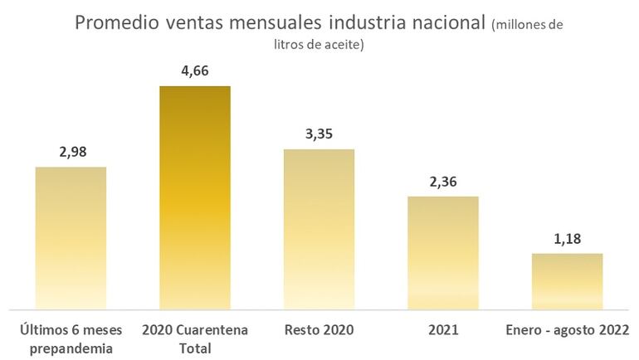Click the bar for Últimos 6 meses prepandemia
tap(71, 237)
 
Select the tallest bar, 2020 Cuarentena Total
tap(195, 197)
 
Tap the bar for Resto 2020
tap(319, 229)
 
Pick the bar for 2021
tap(442, 252)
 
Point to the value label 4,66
tap(195, 71)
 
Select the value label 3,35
tap(319, 134)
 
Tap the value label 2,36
tap(442, 181)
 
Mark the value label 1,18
tap(567, 239)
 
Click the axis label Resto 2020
tap(319, 330)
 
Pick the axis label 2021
tap(443, 330)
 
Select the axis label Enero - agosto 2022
tap(567, 330)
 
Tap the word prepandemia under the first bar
tap(71, 348)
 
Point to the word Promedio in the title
tap(114, 23)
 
